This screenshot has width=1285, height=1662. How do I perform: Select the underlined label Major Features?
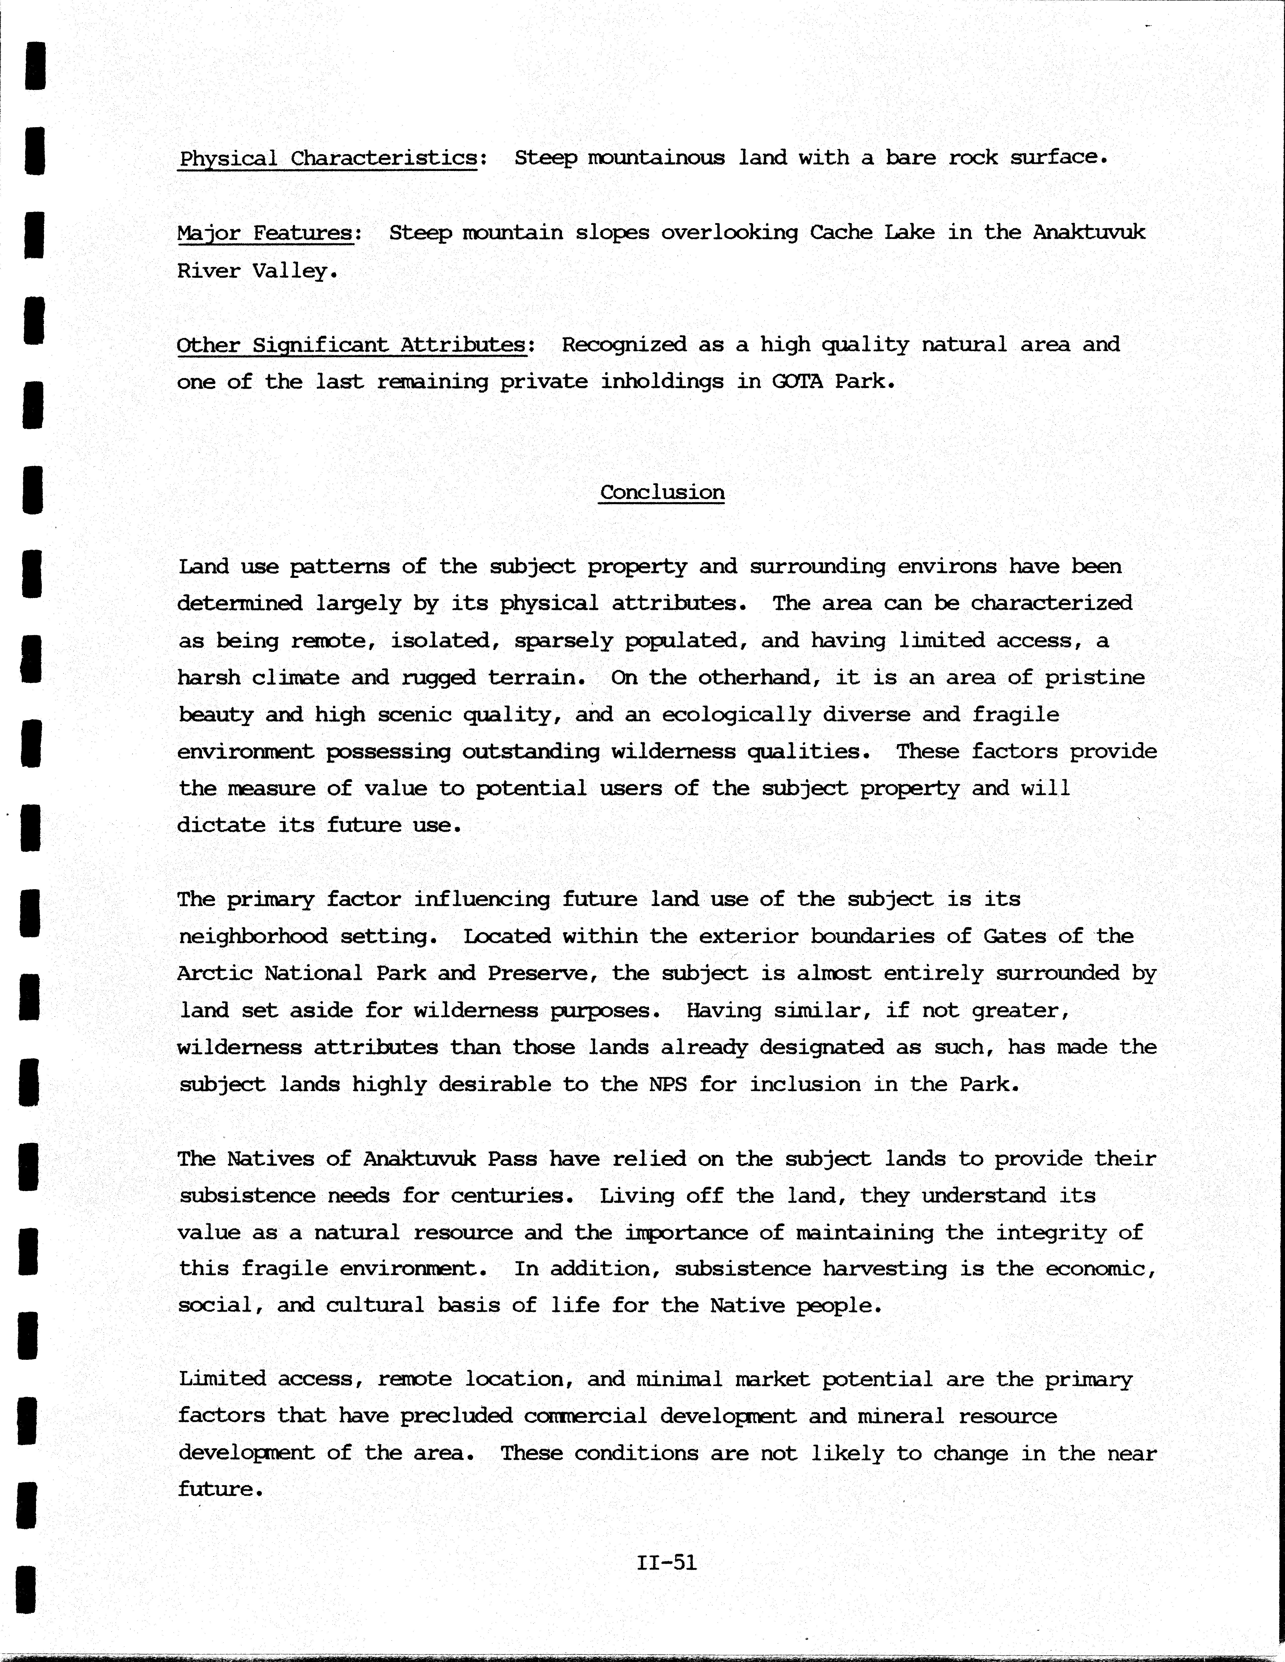(x=266, y=233)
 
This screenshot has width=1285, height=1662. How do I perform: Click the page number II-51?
(x=666, y=1562)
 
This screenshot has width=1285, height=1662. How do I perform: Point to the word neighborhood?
(x=253, y=936)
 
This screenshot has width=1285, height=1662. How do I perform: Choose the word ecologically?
(x=736, y=715)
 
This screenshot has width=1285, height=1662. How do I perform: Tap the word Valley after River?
(x=294, y=271)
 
